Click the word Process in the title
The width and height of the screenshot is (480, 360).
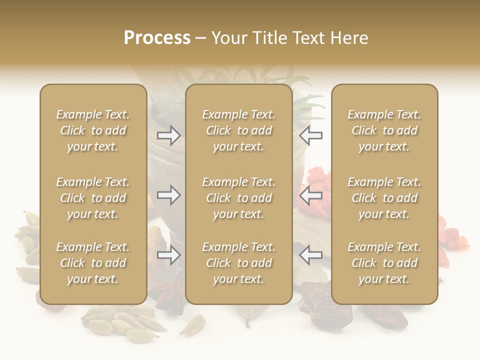point(157,38)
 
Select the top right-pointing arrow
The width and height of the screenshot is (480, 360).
point(168,135)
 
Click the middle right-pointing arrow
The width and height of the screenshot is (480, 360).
point(168,194)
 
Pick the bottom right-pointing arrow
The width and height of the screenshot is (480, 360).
point(168,255)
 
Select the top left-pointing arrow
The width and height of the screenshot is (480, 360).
point(311,135)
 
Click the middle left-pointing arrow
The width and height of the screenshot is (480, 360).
point(311,194)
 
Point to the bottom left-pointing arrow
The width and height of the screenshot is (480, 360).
point(311,255)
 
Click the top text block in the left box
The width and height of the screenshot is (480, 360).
point(93,130)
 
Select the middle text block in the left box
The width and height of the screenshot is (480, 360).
point(93,198)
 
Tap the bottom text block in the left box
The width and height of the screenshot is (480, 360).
point(93,263)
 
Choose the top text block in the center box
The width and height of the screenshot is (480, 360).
point(239,130)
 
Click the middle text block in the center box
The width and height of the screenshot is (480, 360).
point(239,198)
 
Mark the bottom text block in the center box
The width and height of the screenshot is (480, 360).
point(239,263)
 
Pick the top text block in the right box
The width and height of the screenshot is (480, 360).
point(384,130)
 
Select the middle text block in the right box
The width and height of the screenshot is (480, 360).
point(384,198)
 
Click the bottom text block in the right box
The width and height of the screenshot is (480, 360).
point(384,263)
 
